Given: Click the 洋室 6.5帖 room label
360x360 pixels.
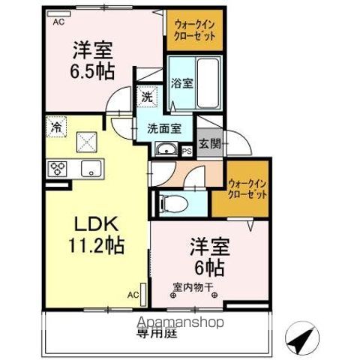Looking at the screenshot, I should click(x=92, y=61).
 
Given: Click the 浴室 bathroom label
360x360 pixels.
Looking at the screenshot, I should click(x=181, y=83).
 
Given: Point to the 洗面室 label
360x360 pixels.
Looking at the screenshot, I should click(x=163, y=127).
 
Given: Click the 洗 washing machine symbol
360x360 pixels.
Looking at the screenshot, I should click(x=148, y=97).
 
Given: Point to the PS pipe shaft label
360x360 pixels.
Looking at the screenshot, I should click(x=187, y=151).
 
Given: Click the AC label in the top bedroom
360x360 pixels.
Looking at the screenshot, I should click(x=58, y=22).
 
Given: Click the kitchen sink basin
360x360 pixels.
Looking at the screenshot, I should click(x=90, y=167).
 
